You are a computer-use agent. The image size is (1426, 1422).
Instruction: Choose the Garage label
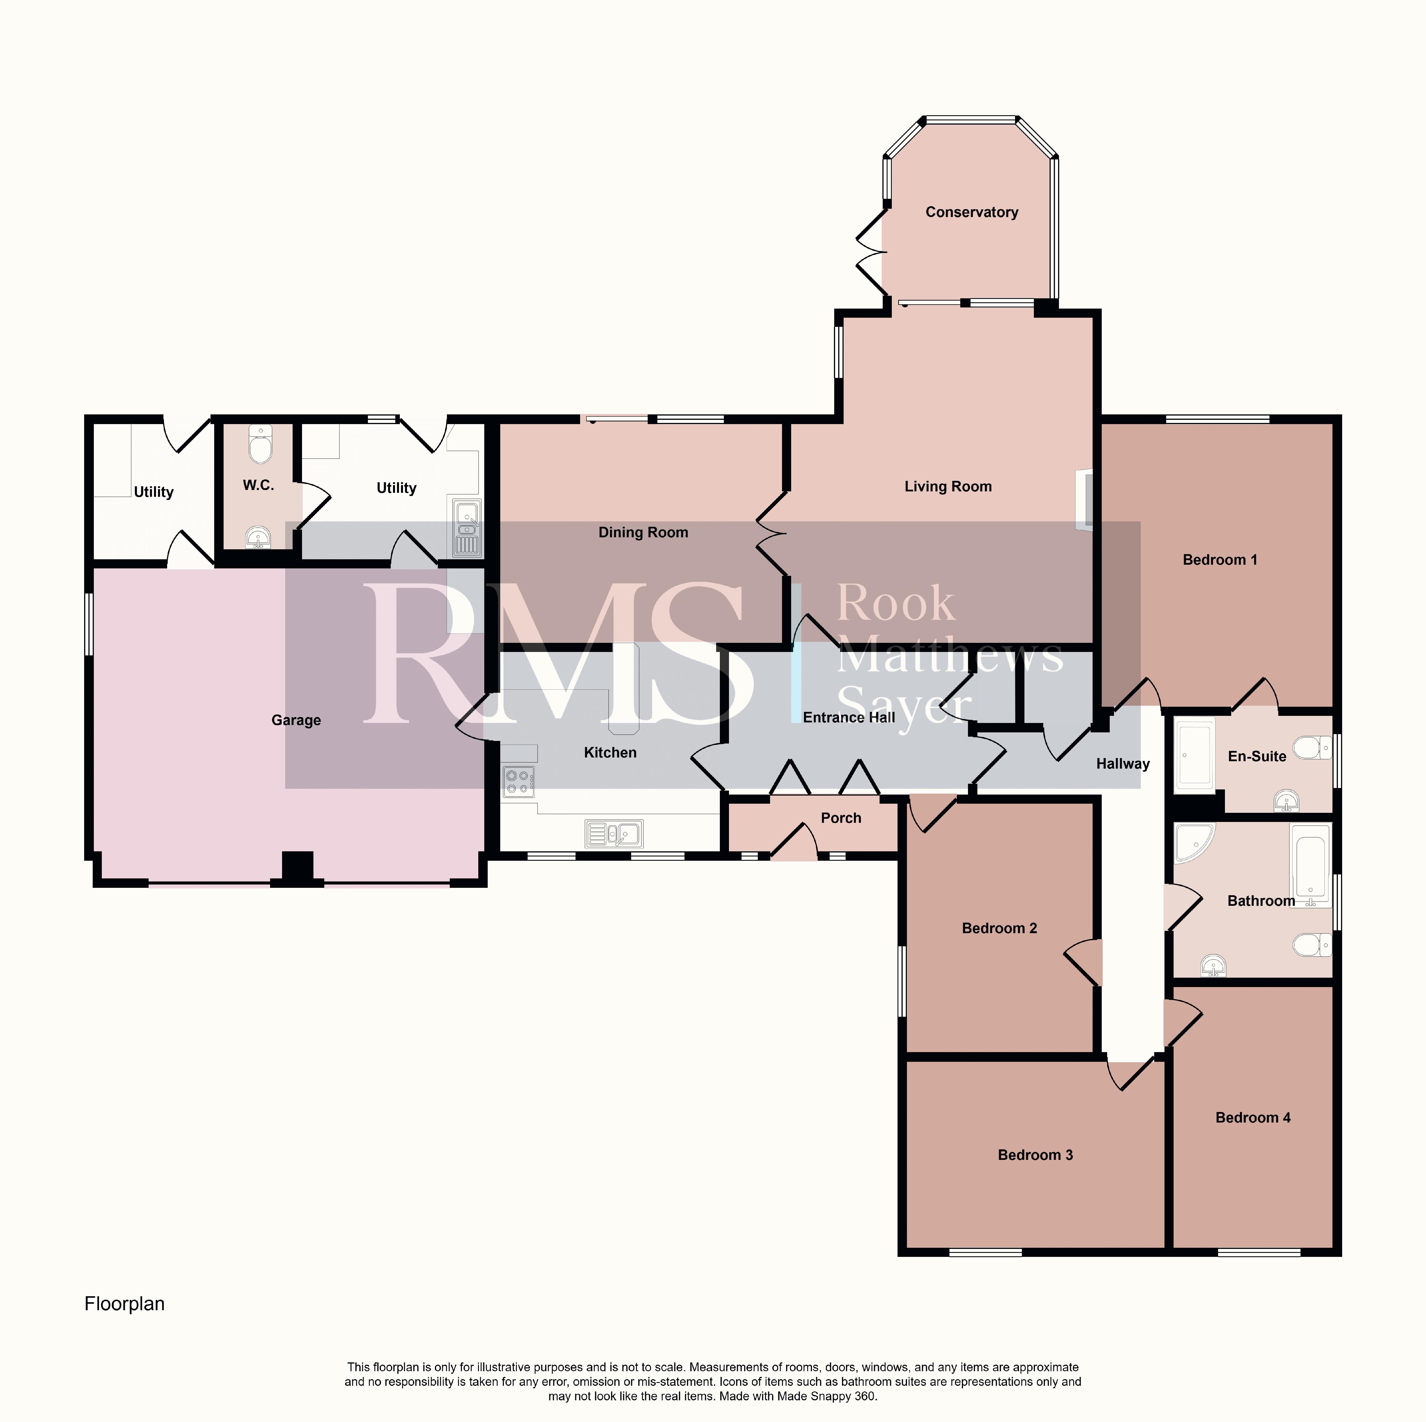[296, 720]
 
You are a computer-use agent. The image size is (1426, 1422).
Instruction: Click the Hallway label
[1123, 764]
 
